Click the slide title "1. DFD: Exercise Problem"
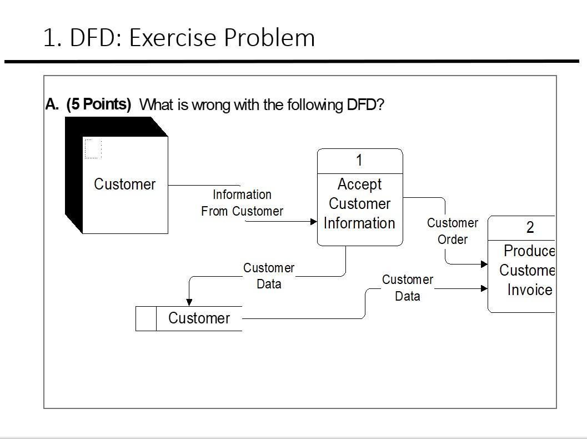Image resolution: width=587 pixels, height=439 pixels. tap(179, 38)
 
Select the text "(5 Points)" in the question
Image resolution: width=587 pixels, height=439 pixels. tap(98, 104)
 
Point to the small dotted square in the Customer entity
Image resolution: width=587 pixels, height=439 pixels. tap(93, 149)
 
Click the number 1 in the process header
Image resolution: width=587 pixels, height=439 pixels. tap(359, 161)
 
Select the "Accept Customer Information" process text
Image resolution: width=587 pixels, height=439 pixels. tap(359, 204)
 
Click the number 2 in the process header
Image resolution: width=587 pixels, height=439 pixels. tap(530, 227)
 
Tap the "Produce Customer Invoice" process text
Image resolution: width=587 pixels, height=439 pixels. tap(528, 271)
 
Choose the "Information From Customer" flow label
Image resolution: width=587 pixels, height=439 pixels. tap(242, 203)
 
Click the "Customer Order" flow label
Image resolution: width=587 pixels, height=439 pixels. tap(452, 231)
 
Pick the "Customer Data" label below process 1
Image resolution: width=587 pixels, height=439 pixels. tap(269, 276)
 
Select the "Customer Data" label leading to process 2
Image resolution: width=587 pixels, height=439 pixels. tap(407, 288)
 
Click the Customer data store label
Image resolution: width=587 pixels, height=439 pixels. tap(199, 318)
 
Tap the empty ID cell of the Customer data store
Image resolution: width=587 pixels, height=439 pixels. tap(146, 318)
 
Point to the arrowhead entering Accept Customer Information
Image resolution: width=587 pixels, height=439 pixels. tap(313, 221)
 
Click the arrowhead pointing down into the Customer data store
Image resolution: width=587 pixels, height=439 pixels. tap(189, 302)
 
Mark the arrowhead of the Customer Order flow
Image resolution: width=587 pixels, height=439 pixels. tap(484, 265)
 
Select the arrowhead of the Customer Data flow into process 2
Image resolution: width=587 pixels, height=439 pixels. tap(484, 288)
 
